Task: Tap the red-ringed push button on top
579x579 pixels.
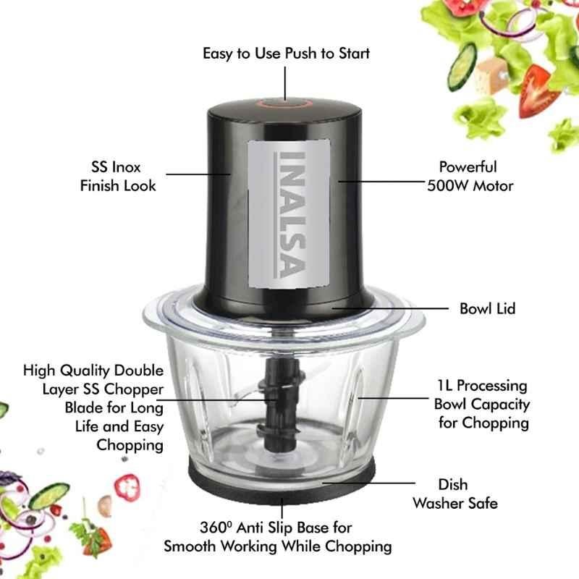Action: pyautogui.click(x=284, y=103)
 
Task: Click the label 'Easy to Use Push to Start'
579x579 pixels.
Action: pyautogui.click(x=286, y=54)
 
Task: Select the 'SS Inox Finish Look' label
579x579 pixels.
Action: pyautogui.click(x=118, y=176)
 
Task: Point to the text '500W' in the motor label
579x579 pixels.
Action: pyautogui.click(x=447, y=186)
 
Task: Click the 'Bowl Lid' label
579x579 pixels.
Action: pyautogui.click(x=487, y=309)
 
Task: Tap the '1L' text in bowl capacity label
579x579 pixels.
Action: pyautogui.click(x=444, y=386)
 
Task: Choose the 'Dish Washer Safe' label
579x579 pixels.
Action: pyautogui.click(x=455, y=494)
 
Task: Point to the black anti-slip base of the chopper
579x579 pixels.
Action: pyautogui.click(x=282, y=480)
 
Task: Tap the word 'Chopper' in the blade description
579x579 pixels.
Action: pyautogui.click(x=133, y=389)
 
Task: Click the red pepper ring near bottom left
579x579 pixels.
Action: pyautogui.click(x=127, y=487)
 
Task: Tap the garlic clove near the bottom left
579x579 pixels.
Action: pyautogui.click(x=105, y=506)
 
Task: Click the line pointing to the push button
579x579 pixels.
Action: pyautogui.click(x=284, y=83)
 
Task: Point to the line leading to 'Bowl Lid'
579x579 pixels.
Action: pyautogui.click(x=390, y=308)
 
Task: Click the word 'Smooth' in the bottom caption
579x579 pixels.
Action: pyautogui.click(x=190, y=546)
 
